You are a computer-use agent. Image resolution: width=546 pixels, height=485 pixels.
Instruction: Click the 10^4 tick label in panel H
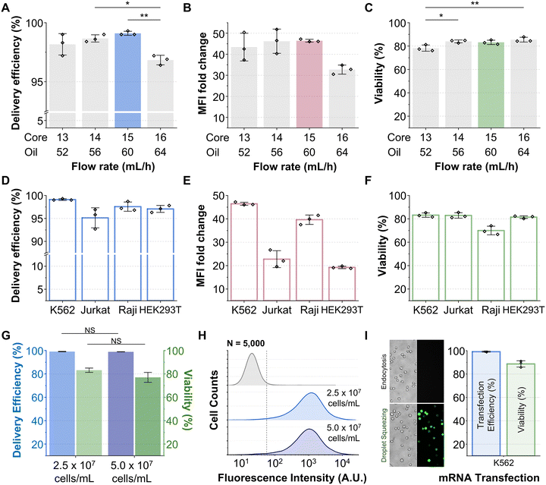(x=343, y=461)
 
